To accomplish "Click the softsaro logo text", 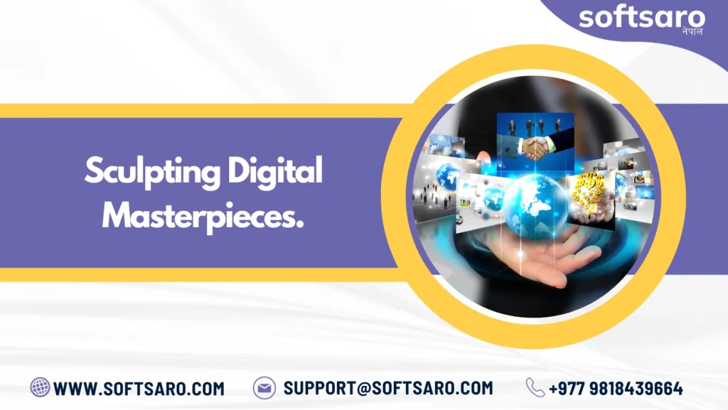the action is (642, 18).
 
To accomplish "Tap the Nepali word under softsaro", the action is (692, 31).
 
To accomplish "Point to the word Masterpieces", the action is (203, 217).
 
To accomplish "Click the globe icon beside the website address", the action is (40, 387).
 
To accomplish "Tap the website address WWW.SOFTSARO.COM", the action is (139, 389).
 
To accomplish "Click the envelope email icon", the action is (264, 388).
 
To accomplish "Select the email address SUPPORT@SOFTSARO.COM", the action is (388, 388).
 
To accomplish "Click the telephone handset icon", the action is (535, 388).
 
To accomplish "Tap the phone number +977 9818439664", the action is (616, 389).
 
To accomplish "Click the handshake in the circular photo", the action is (535, 149).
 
